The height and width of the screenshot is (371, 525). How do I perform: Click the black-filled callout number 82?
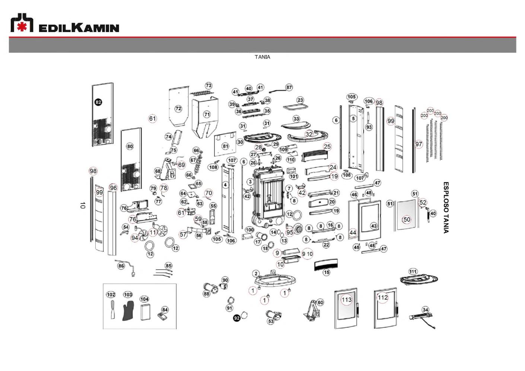(x=98, y=102)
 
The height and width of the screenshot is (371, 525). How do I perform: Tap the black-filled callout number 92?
(x=237, y=318)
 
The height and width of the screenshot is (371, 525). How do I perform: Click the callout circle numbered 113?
(x=346, y=299)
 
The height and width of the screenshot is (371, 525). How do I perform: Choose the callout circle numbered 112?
(x=382, y=297)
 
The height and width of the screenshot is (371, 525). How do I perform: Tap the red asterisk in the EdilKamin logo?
(x=22, y=27)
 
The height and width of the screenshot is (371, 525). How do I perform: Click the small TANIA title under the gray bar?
(x=262, y=57)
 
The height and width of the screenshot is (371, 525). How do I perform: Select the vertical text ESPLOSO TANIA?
(x=446, y=207)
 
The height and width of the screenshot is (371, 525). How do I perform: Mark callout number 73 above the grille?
(x=209, y=86)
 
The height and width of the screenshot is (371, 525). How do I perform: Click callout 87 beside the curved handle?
(x=289, y=88)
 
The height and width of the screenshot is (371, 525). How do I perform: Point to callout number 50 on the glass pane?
(x=407, y=219)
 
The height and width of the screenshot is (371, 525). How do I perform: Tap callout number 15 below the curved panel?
(x=327, y=272)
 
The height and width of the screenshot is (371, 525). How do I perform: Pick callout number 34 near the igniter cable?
(x=425, y=310)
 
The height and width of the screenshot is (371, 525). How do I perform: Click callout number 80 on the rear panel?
(x=130, y=146)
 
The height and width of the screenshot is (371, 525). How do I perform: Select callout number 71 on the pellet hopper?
(x=207, y=114)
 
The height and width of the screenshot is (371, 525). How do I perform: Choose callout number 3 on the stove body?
(x=250, y=182)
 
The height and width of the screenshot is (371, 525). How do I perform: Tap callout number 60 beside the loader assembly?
(x=320, y=302)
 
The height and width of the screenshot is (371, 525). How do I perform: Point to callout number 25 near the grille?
(x=327, y=146)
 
